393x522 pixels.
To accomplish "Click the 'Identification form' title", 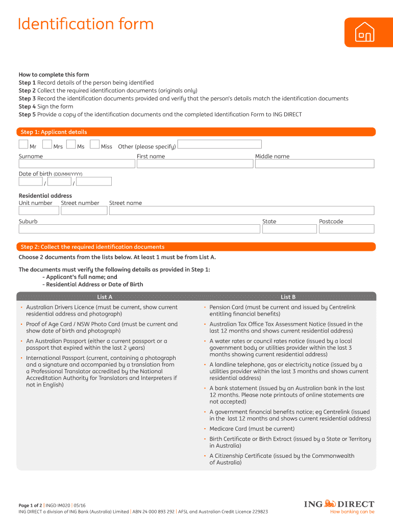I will (x=85, y=24).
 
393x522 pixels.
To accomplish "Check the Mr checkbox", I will (x=23, y=144).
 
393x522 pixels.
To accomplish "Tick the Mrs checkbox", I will (x=47, y=144).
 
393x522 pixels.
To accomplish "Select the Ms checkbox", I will (x=71, y=144).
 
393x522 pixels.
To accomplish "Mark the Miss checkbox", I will (x=94, y=144).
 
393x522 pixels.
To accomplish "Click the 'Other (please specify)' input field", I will (x=219, y=144).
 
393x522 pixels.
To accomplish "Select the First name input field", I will (x=194, y=164).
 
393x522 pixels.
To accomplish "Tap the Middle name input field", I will (x=314, y=164).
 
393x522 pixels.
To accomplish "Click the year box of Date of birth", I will (x=93, y=181).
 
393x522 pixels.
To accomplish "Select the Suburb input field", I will (x=139, y=229).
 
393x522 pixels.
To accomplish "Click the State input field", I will (x=289, y=229).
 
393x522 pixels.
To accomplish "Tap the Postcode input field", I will (x=347, y=229).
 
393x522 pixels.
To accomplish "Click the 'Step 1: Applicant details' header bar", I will (x=196, y=132).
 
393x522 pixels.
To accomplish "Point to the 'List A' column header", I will (x=105, y=297).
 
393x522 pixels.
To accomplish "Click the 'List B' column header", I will (x=288, y=297).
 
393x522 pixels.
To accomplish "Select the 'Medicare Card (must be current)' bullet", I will (x=252, y=429).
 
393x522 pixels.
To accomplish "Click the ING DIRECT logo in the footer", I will (x=339, y=504).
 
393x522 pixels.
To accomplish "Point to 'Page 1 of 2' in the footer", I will (x=31, y=505).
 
